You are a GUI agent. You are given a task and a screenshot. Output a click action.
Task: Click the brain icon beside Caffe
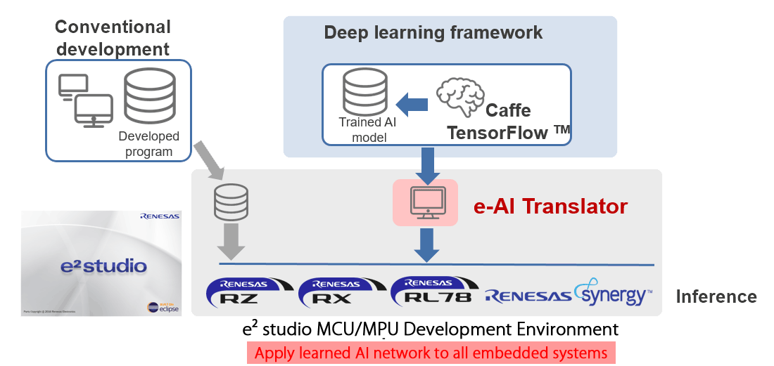(459, 98)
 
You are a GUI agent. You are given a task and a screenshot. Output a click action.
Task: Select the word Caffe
(509, 111)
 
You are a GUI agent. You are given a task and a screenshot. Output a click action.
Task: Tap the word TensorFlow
(517, 131)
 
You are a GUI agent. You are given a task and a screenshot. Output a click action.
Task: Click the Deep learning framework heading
(433, 32)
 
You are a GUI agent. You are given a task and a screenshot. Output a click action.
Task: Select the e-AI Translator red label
(550, 207)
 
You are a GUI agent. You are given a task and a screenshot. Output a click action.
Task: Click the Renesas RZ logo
(247, 292)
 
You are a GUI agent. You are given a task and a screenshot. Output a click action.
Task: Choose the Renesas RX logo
(340, 292)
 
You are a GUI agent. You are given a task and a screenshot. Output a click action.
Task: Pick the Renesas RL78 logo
(433, 292)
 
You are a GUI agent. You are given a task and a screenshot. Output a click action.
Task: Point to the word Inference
(716, 296)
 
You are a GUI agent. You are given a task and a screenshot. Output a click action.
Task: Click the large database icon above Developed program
(149, 96)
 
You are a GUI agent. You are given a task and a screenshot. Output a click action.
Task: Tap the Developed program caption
(149, 144)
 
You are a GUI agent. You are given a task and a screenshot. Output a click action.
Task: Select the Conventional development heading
(113, 38)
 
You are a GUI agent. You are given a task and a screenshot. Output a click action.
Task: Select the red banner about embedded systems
(431, 353)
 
